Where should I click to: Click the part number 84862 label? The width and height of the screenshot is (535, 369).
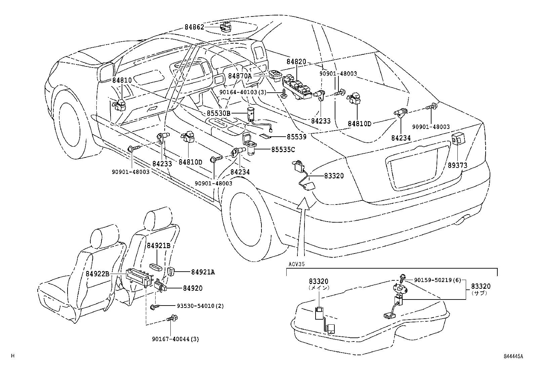(194, 27)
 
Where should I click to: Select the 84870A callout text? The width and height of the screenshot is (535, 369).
(240, 76)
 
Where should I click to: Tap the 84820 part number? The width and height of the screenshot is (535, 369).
(296, 62)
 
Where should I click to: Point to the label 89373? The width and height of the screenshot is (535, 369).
(457, 166)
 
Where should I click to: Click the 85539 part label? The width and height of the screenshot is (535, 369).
(296, 137)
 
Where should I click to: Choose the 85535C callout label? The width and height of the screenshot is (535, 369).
(283, 149)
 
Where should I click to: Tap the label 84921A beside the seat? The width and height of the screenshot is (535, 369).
(203, 272)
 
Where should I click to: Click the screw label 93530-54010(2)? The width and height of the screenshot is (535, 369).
(200, 306)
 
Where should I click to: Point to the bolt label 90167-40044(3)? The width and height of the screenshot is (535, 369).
(175, 339)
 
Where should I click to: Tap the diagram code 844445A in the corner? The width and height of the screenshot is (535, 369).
(513, 357)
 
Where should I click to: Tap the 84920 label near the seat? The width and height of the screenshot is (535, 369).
(193, 288)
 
